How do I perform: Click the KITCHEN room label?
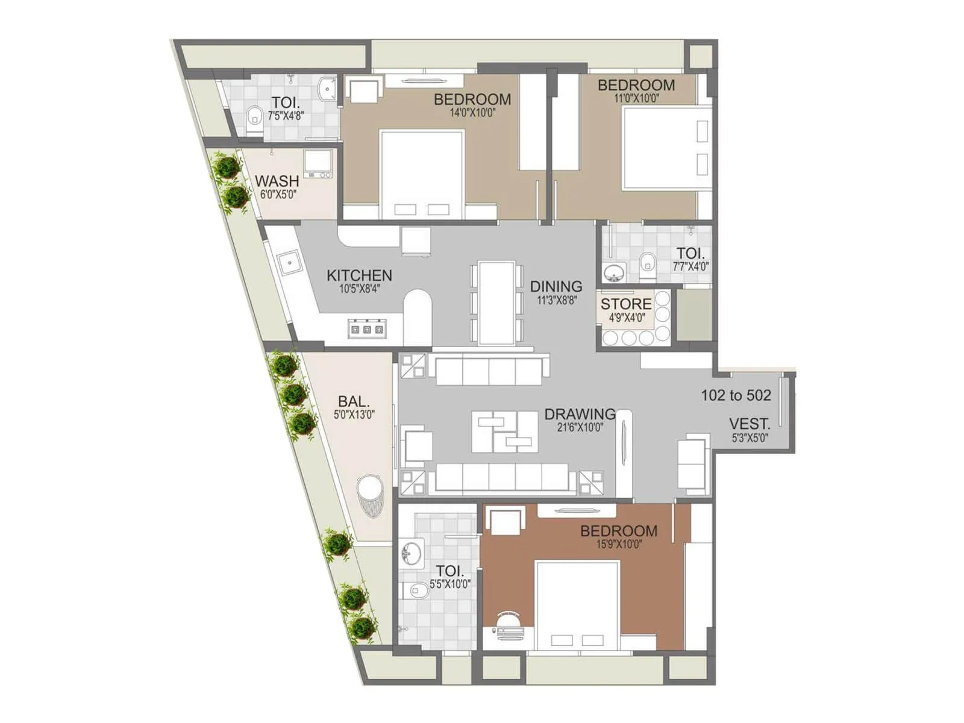(359, 275)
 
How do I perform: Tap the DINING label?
(556, 286)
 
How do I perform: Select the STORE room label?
(626, 304)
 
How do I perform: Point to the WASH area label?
(277, 181)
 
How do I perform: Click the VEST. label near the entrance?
(750, 424)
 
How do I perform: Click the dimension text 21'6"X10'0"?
(580, 428)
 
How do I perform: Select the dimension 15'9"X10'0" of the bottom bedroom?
(619, 545)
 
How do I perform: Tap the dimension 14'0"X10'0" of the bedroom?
(472, 113)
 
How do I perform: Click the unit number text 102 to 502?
(736, 395)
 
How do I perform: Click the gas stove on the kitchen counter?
(366, 329)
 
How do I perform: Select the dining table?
(496, 302)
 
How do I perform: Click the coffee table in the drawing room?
(505, 431)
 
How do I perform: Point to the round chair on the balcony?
(369, 495)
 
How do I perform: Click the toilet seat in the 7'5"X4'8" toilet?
(254, 114)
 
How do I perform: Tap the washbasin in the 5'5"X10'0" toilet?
(412, 552)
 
